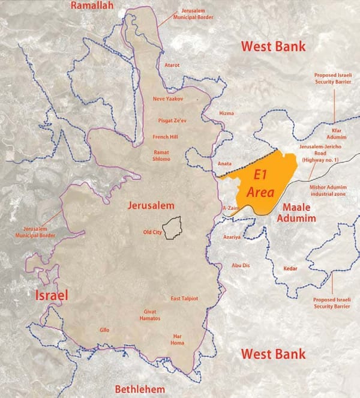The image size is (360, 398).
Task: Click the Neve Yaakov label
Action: (167, 98)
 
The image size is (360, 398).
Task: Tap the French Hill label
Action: (166, 137)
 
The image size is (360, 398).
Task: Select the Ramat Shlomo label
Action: (163, 155)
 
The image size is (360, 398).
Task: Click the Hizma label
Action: (227, 113)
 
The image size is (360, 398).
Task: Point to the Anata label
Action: (224, 163)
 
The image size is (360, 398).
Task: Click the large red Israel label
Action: (53, 295)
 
